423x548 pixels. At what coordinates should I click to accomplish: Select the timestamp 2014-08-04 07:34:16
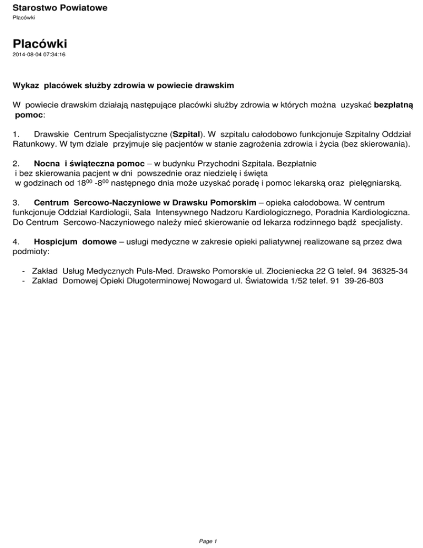point(39,55)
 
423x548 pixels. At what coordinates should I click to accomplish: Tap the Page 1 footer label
point(209,540)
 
